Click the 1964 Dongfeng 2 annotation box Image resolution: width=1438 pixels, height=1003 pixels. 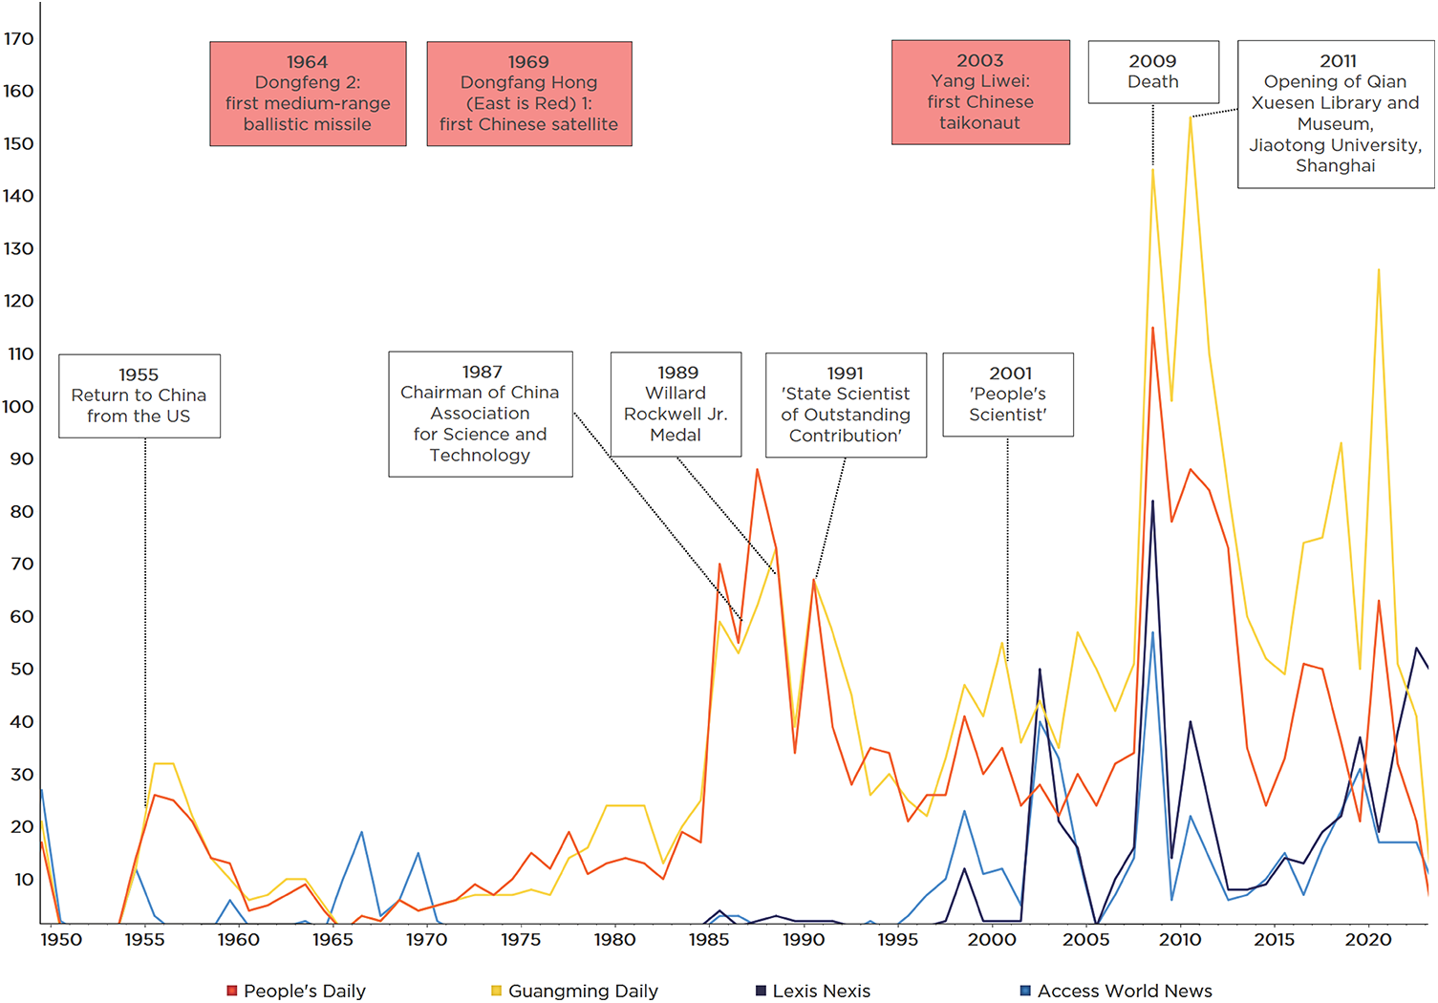coord(308,94)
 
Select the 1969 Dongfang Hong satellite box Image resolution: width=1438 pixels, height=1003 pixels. coord(528,94)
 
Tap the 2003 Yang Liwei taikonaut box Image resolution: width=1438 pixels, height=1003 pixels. coord(980,93)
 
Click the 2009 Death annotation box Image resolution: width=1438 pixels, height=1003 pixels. coord(1153,72)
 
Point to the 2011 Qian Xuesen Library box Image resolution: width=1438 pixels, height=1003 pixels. coord(1335,114)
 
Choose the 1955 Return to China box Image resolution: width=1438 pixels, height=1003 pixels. coord(140,396)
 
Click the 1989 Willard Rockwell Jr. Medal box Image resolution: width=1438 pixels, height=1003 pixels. coord(676,404)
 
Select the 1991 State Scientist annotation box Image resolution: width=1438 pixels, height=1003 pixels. coord(846,405)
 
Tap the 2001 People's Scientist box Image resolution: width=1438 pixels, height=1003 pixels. coord(1008,395)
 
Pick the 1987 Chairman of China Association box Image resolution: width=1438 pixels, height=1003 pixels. coord(481,414)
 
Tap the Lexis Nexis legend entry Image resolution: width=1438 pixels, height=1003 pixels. coord(813,991)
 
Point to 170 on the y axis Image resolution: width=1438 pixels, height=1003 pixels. coord(19,39)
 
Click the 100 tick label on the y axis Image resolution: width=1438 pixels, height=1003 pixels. coord(18,406)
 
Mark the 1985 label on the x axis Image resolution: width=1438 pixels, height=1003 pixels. coord(709,940)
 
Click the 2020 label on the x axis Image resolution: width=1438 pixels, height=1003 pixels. coord(1368,940)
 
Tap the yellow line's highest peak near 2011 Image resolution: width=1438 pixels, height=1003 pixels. coord(1191,117)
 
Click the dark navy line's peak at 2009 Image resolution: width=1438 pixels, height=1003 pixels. coord(1153,501)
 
